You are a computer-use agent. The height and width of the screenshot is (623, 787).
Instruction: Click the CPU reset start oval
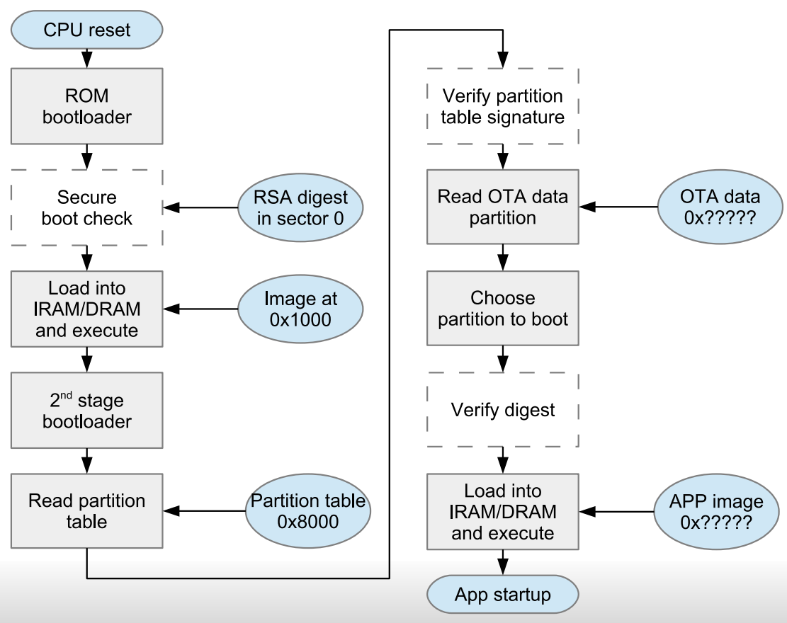[86, 30]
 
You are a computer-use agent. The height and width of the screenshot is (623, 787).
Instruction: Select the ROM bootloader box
[86, 105]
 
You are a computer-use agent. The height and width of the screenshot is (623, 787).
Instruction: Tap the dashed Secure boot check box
[86, 207]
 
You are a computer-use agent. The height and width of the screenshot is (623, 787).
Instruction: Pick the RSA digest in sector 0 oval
[300, 208]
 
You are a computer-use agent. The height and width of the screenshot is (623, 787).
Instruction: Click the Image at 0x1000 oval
[300, 309]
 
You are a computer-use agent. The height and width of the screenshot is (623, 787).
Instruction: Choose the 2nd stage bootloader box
[86, 411]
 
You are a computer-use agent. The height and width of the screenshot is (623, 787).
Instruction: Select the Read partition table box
[86, 511]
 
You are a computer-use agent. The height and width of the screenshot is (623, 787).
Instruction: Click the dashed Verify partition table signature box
[503, 106]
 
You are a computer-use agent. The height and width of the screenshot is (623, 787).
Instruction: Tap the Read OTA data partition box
[503, 207]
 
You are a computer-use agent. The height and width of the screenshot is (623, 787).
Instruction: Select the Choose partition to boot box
[503, 309]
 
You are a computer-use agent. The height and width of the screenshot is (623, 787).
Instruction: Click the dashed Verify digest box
[503, 409]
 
